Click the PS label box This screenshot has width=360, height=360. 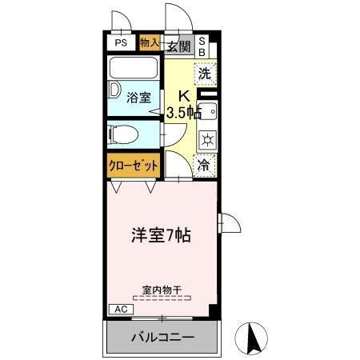tap(121, 44)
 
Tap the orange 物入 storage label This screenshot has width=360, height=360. tap(149, 43)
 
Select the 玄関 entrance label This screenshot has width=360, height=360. tap(178, 46)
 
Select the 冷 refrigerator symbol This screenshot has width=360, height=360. tap(205, 166)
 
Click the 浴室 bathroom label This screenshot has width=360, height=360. tap(138, 98)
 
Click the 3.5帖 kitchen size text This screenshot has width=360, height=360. tap(182, 113)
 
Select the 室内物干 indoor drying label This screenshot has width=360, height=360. tap(162, 289)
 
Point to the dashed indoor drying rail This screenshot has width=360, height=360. tap(162, 297)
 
